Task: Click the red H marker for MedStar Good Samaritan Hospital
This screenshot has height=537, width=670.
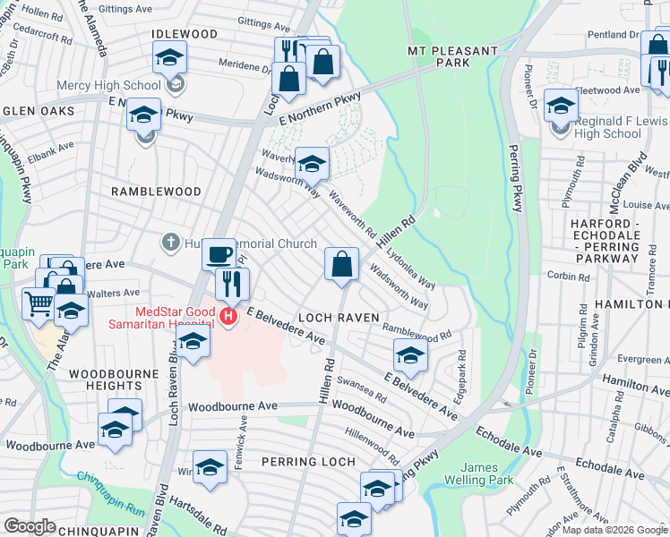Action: (229, 316)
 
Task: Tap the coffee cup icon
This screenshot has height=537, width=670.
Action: (219, 254)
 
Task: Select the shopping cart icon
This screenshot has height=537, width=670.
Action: (38, 303)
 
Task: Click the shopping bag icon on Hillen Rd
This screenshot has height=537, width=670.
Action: (341, 264)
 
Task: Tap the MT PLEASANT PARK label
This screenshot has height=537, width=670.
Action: (451, 57)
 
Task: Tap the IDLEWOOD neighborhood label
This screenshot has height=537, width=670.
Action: (185, 34)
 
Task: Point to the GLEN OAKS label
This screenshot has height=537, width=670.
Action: (39, 111)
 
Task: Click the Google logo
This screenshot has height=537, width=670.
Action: (30, 526)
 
